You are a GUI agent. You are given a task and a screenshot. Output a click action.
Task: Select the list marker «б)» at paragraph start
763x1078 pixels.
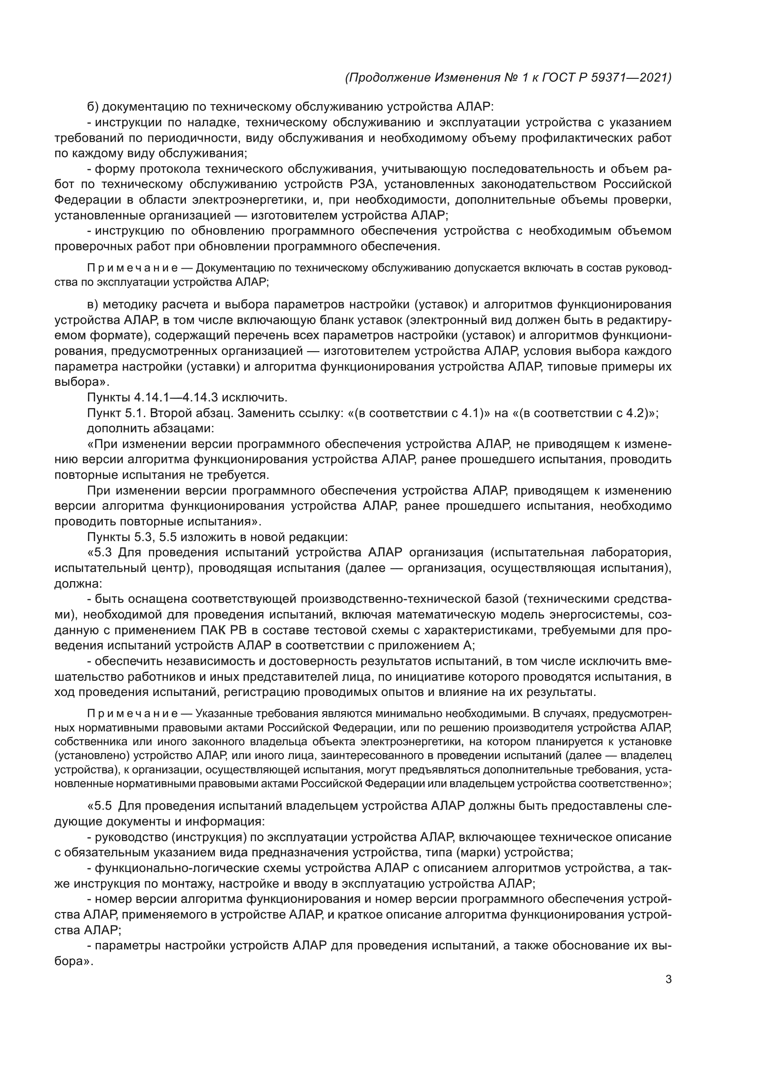(x=93, y=107)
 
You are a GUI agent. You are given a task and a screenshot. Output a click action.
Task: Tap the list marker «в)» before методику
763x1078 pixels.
(x=93, y=305)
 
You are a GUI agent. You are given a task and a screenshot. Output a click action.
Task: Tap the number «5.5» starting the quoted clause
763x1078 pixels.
(x=103, y=806)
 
